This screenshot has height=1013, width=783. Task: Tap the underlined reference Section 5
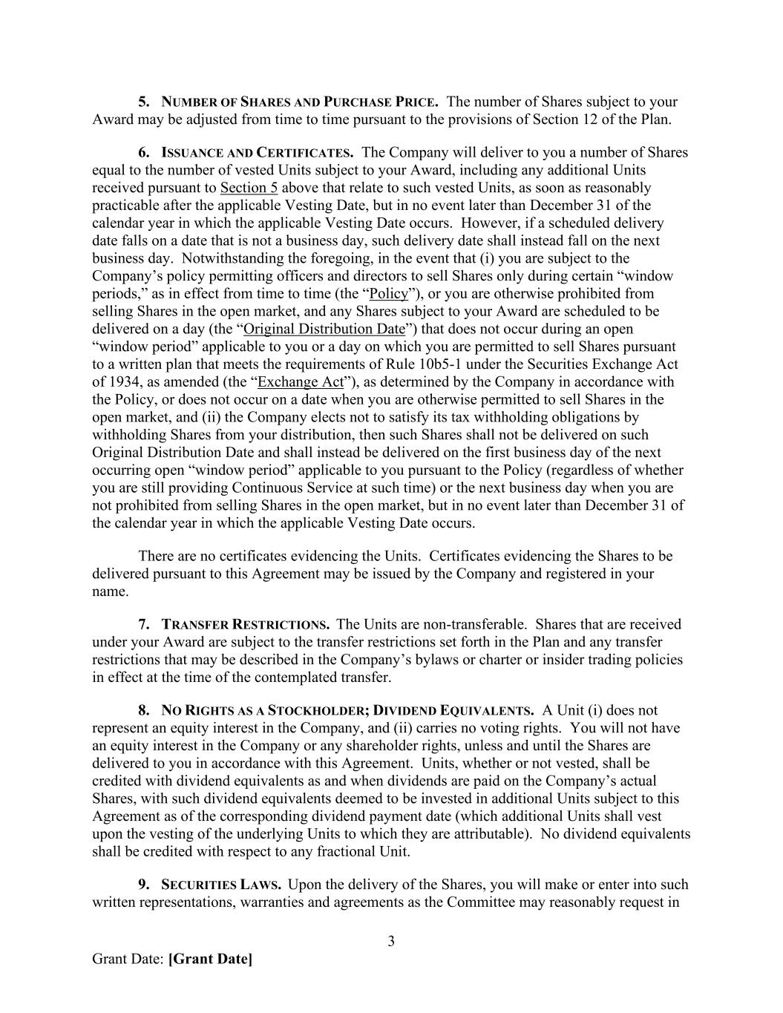coord(249,188)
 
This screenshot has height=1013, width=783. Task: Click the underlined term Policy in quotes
coord(389,294)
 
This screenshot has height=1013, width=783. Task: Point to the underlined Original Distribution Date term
coord(324,329)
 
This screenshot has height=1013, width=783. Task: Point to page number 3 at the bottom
coord(391,942)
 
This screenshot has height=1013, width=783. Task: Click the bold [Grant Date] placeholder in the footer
coord(210,960)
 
